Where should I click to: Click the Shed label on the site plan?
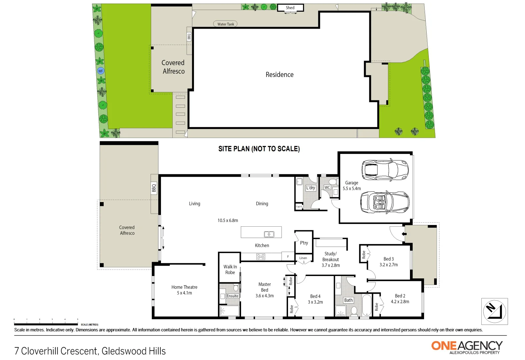pyautogui.click(x=290, y=8)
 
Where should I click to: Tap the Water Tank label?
pyautogui.click(x=226, y=24)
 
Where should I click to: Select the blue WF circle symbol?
pyautogui.click(x=101, y=71)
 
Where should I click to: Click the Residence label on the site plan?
pyautogui.click(x=279, y=75)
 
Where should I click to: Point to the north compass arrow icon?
pyautogui.click(x=494, y=311)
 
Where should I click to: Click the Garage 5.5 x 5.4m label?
pyautogui.click(x=352, y=186)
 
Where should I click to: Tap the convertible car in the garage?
pyautogui.click(x=385, y=202)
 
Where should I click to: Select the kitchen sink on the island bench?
pyautogui.click(x=269, y=234)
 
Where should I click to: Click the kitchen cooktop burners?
pyautogui.click(x=261, y=257)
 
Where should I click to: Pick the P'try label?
pyautogui.click(x=304, y=243)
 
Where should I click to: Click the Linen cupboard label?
pyautogui.click(x=303, y=258)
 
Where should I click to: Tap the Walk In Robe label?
pyautogui.click(x=230, y=269)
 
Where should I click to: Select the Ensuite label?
pyautogui.click(x=232, y=296)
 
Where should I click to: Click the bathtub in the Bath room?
pyautogui.click(x=366, y=305)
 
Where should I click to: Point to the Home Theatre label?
pyautogui.click(x=184, y=290)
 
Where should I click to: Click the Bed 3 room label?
pyautogui.click(x=388, y=262)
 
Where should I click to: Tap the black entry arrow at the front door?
pyautogui.click(x=404, y=234)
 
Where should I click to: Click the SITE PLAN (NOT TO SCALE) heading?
pyautogui.click(x=259, y=149)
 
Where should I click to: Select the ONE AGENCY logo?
pyautogui.click(x=467, y=347)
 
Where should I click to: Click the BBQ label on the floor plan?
pyautogui.click(x=154, y=188)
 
